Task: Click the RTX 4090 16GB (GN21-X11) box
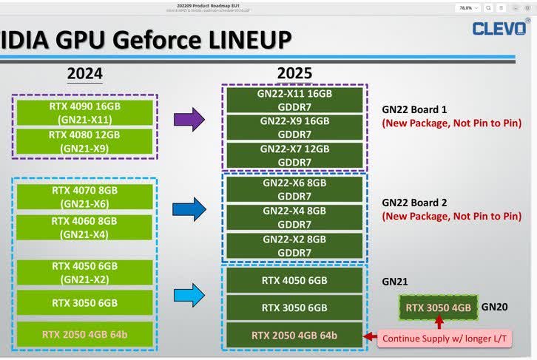pos(85,112)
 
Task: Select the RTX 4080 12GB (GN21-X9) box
pos(85,142)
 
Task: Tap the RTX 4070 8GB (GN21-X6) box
pos(85,196)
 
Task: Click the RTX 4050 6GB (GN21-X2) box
pos(85,273)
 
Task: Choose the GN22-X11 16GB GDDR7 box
pos(294,101)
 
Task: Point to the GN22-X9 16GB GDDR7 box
pos(294,127)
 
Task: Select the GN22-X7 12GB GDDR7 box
pos(294,155)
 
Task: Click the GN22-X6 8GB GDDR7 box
pos(294,189)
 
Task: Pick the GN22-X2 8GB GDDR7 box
pos(294,245)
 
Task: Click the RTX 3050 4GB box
pos(438,308)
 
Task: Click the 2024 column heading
pos(84,74)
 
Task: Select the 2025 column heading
pos(294,74)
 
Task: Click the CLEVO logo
pos(501,29)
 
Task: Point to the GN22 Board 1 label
pos(416,108)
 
